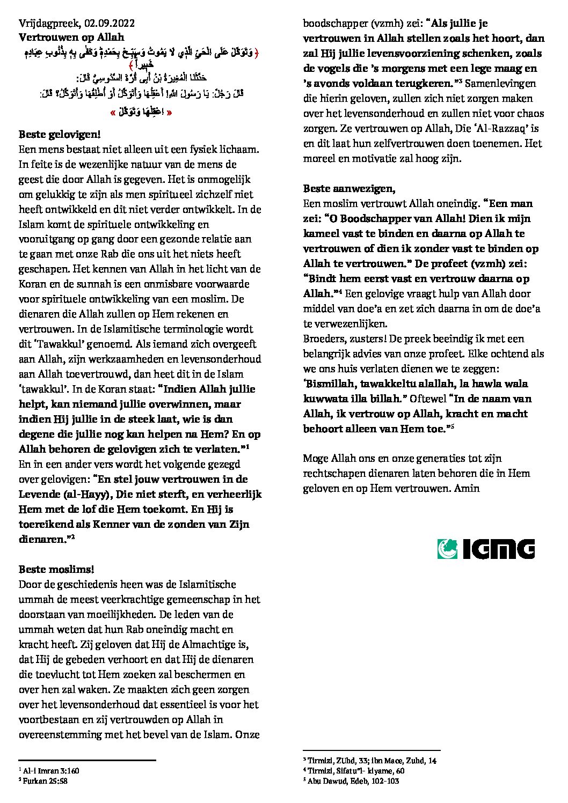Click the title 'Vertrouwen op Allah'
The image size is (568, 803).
71,38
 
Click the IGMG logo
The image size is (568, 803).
485,549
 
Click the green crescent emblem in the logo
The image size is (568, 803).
449,549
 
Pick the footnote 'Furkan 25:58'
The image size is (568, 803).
45,781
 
